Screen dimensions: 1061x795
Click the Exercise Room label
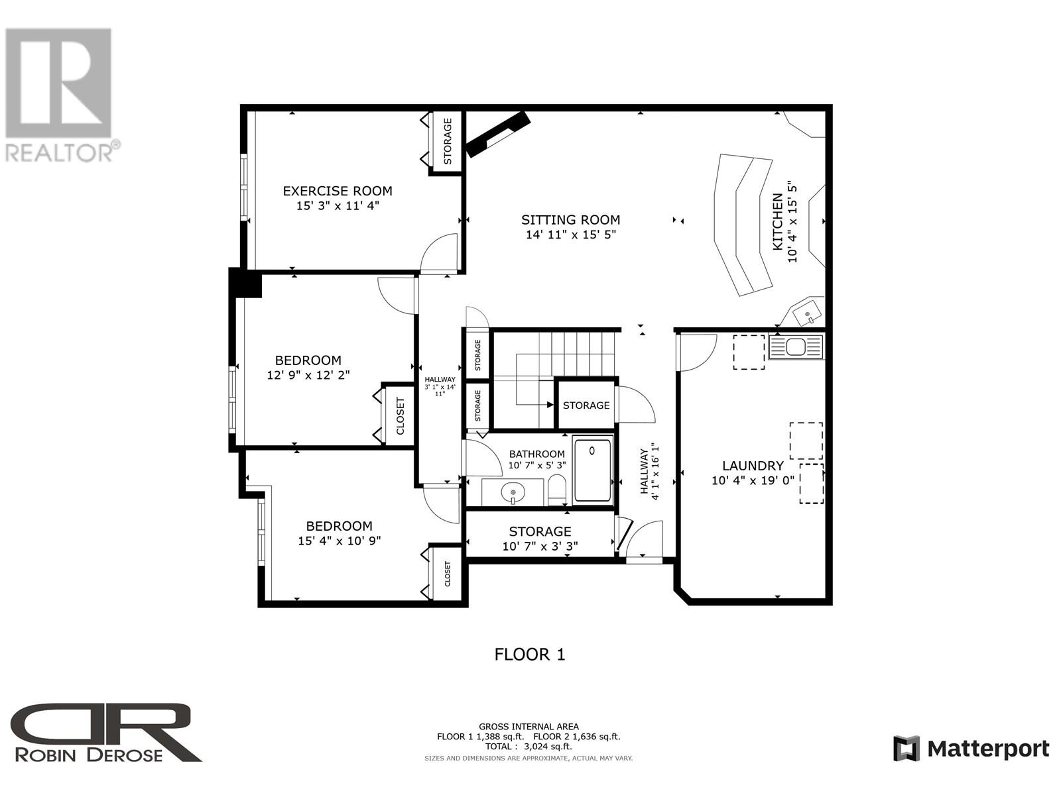tap(338, 191)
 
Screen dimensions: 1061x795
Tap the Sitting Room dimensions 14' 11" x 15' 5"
tap(571, 235)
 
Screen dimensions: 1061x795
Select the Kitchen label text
tap(777, 221)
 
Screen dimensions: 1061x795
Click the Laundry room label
tap(753, 466)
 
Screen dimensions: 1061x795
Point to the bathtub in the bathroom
tap(592, 470)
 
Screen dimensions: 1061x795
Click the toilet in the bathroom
tap(557, 489)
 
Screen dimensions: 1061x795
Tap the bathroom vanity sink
tap(513, 493)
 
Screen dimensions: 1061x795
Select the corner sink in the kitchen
tap(806, 313)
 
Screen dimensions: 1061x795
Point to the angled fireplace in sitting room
tap(499, 134)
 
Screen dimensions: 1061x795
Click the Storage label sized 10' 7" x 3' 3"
tap(540, 532)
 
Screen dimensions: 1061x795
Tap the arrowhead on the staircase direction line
tap(550, 405)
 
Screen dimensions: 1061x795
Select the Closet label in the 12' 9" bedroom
tap(401, 416)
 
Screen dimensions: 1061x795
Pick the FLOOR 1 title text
tap(530, 655)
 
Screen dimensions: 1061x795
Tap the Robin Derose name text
tap(89, 755)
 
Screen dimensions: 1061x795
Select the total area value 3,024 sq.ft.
tap(548, 746)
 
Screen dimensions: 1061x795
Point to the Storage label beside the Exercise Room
tap(448, 141)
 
